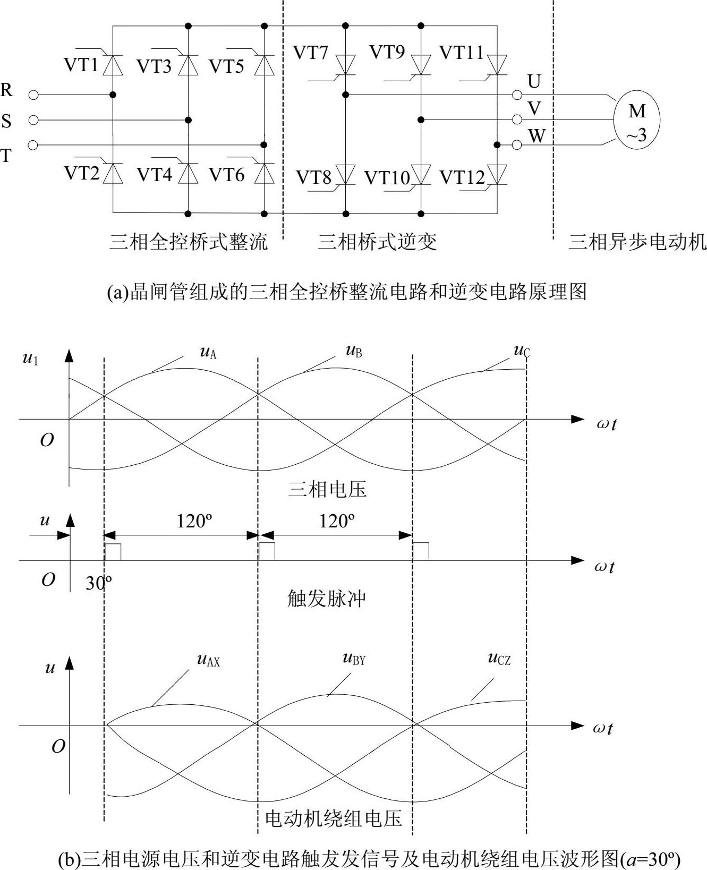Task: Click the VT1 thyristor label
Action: pyautogui.click(x=81, y=65)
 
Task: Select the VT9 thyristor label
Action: pyautogui.click(x=387, y=52)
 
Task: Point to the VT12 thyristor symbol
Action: pyautogui.click(x=497, y=174)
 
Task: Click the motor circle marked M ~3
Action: pyautogui.click(x=636, y=120)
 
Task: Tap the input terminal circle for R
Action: pyautogui.click(x=33, y=95)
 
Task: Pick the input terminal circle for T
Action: pyautogui.click(x=33, y=145)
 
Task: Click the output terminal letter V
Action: pyautogui.click(x=534, y=109)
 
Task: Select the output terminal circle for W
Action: pyautogui.click(x=517, y=144)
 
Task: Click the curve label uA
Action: pyautogui.click(x=208, y=352)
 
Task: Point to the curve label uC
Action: pyautogui.click(x=522, y=351)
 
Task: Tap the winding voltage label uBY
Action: pyautogui.click(x=354, y=659)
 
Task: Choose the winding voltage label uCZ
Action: pyautogui.click(x=499, y=659)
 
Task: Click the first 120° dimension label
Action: pyautogui.click(x=194, y=521)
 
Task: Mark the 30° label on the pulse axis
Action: pyautogui.click(x=98, y=583)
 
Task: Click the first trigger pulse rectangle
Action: pyautogui.click(x=113, y=552)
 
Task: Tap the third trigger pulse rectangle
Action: pyautogui.click(x=421, y=551)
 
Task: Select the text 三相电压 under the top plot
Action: pyautogui.click(x=327, y=489)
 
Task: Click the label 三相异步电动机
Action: pyautogui.click(x=637, y=242)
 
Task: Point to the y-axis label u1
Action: pyautogui.click(x=30, y=359)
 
